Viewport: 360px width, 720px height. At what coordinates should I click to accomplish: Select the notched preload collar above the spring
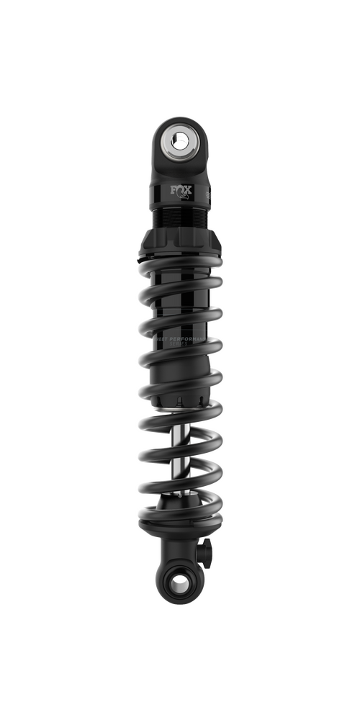(179, 245)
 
